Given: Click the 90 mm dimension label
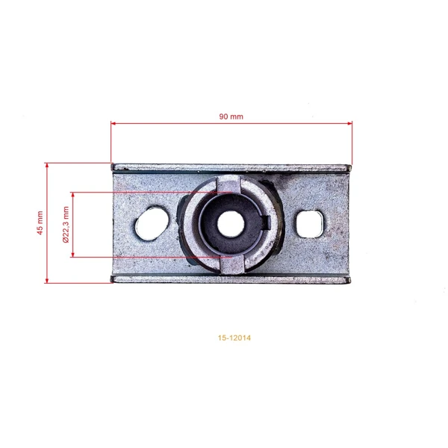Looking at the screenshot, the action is point(231,116).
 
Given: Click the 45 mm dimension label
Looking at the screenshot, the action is point(40,223).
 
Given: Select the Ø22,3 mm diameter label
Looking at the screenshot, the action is point(66,225).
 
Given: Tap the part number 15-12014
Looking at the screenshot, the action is point(234,337).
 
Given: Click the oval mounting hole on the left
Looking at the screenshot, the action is point(152,223).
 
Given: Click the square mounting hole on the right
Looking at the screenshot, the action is point(309,224).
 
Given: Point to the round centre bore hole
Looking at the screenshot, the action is point(231,225).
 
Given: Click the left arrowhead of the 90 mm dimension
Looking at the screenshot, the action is point(113,123).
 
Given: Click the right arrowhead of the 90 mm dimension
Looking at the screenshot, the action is point(349,123).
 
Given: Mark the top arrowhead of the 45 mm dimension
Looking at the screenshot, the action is point(47,166).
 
